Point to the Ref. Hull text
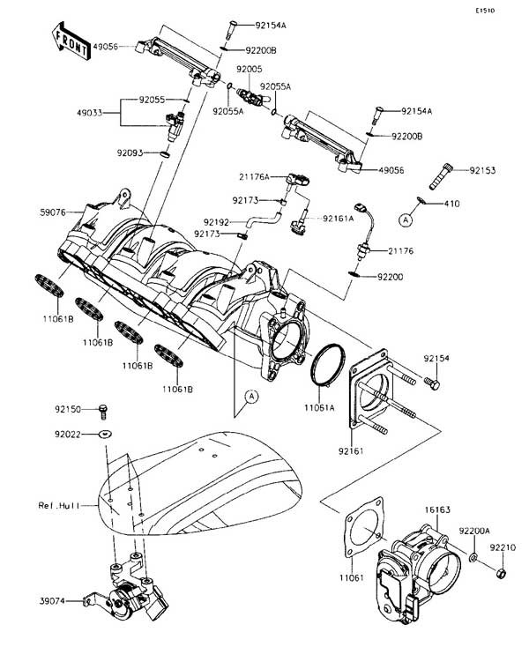point(57,506)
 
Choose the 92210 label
point(504,547)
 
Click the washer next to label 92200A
point(473,559)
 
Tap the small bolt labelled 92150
point(104,408)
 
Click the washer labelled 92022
point(105,435)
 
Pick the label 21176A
point(251,177)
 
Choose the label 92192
point(216,221)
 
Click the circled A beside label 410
point(406,217)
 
